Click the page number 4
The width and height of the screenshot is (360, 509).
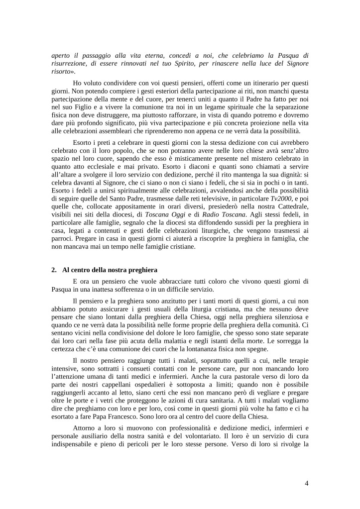pyautogui.click(x=307, y=483)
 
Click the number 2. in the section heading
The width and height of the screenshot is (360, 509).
pyautogui.click(x=54, y=270)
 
